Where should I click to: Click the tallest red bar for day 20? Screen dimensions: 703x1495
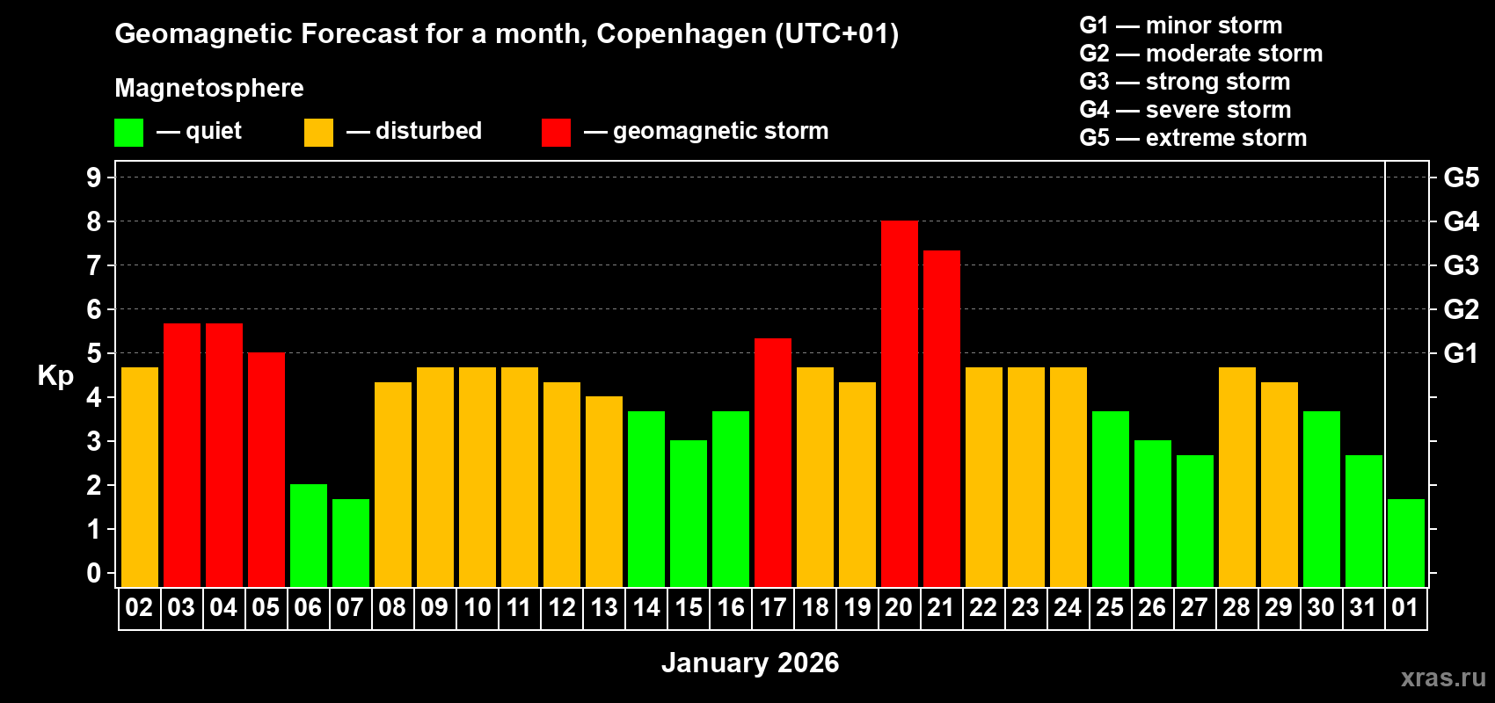tap(899, 404)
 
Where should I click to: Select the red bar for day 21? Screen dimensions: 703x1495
tap(941, 419)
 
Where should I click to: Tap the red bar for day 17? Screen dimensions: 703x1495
tap(772, 463)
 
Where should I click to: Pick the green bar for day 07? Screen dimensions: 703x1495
tap(350, 543)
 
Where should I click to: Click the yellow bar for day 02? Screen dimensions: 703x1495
tap(139, 477)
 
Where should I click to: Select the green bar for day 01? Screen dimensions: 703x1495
tap(1405, 543)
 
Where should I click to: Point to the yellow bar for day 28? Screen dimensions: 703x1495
tap(1236, 477)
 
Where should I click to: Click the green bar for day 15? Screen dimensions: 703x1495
tap(688, 514)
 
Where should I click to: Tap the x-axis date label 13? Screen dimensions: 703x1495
tap(603, 608)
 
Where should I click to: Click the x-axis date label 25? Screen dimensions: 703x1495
tap(1110, 608)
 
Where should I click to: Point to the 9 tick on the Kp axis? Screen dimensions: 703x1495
tap(94, 178)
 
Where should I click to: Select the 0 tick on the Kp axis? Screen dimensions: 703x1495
tap(94, 574)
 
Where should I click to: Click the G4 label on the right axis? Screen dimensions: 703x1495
tap(1461, 221)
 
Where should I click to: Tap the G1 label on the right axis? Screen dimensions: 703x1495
tap(1461, 353)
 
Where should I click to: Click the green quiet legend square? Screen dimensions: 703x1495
tap(128, 133)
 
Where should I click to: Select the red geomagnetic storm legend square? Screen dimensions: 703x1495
tap(556, 133)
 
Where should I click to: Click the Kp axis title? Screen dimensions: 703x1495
tap(55, 376)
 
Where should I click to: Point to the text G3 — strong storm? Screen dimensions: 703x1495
tap(1185, 82)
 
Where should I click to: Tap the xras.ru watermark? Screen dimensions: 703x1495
tap(1442, 678)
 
